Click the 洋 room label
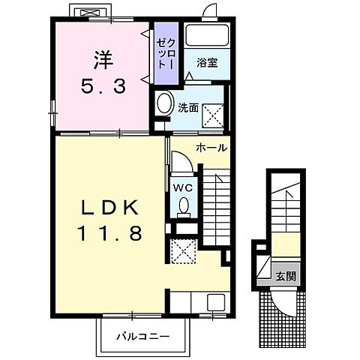tap(103, 60)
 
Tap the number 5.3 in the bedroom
tap(103, 86)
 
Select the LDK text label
tap(110, 207)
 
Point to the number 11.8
tap(110, 232)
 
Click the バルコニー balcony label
tap(143, 337)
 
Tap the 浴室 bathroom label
tap(207, 63)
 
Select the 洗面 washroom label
tap(188, 108)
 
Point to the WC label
tap(183, 187)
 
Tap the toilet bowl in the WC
tap(184, 205)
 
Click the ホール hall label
tap(211, 148)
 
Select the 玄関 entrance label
tap(286, 276)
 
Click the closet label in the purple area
tap(166, 53)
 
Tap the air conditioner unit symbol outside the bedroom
tap(90, 13)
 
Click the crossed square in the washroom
tap(213, 115)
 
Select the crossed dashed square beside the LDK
tap(184, 251)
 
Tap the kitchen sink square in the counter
tap(216, 302)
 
